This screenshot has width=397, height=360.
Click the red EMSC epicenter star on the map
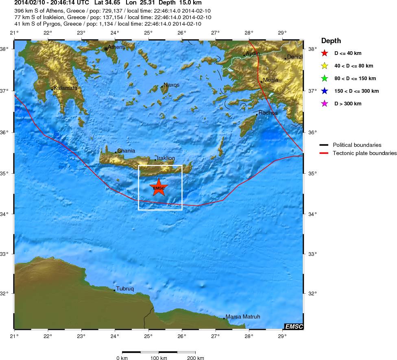[158, 188]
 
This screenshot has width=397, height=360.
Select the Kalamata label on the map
[65, 88]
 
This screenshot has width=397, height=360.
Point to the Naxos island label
[171, 85]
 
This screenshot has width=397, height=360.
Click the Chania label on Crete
[126, 151]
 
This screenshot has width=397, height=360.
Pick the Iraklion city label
[166, 158]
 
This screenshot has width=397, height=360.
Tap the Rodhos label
[268, 113]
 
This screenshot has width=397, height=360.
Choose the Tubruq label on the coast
[125, 288]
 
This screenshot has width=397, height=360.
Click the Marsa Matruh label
[242, 316]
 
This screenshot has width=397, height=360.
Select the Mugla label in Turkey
[270, 80]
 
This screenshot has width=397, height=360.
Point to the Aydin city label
[253, 53]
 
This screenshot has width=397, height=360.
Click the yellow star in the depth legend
[324, 65]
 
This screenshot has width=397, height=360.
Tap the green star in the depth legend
[324, 78]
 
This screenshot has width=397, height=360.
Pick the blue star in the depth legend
[324, 91]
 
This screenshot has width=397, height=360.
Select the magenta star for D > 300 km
[324, 104]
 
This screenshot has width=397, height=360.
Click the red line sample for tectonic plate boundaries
[324, 153]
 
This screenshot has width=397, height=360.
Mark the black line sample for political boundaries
[324, 145]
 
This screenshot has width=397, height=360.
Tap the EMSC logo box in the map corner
[294, 326]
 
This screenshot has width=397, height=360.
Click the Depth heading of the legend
[331, 41]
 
